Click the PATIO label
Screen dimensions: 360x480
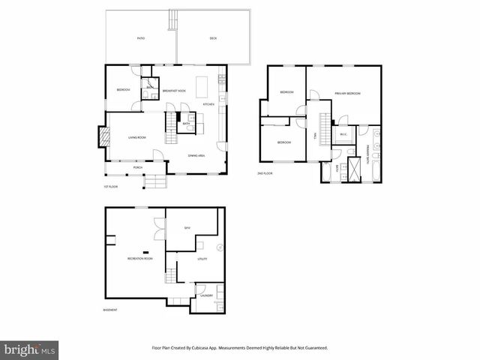140,37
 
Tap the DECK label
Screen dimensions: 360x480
212,37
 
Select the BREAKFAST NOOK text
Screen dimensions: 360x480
174,91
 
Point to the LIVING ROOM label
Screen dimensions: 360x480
136,137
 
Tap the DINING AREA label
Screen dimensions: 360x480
197,155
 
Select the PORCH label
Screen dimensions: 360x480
138,167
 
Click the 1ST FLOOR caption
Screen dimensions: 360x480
111,187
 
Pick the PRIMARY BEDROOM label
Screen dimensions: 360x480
348,93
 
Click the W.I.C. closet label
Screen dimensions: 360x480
343,135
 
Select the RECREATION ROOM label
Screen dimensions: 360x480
139,258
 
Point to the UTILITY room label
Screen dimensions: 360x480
202,259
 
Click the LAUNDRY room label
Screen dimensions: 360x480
206,295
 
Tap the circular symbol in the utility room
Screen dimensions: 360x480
220,247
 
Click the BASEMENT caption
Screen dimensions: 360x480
109,310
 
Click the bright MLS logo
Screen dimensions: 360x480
30,349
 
